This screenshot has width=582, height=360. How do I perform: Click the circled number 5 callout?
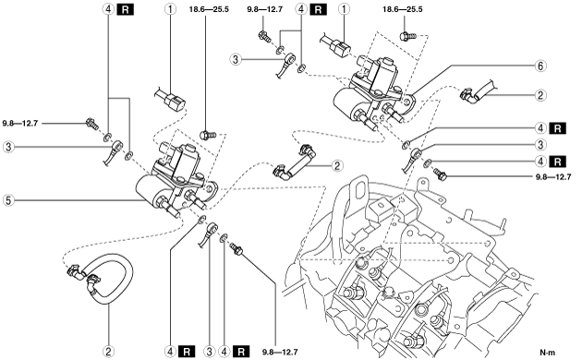coord(8,200)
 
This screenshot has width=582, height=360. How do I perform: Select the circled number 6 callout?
coord(540,66)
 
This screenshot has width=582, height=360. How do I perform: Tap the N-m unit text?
coord(548,353)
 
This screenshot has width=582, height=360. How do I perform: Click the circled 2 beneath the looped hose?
coord(108,351)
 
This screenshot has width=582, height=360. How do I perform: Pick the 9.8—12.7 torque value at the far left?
coord(20,123)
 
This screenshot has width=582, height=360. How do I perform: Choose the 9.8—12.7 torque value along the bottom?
coord(280,352)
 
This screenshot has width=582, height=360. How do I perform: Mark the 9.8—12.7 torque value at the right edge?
coord(553,177)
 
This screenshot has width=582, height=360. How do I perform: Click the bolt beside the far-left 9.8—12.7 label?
coord(91,123)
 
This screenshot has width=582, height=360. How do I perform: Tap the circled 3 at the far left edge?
coord(8,147)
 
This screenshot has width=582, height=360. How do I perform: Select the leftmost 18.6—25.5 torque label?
coord(209,9)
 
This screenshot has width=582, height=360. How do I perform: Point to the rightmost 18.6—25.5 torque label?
coord(403,9)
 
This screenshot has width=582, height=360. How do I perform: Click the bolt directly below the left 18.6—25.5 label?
coord(208,135)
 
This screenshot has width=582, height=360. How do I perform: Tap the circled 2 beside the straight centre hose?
coord(337,165)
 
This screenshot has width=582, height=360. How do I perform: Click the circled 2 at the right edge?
coord(540,95)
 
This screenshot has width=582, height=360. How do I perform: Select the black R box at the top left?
coord(125,9)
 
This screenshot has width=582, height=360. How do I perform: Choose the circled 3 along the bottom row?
coord(210,351)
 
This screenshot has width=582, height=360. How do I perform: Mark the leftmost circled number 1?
coord(170,9)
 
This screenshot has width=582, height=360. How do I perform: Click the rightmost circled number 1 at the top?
coord(344,9)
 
